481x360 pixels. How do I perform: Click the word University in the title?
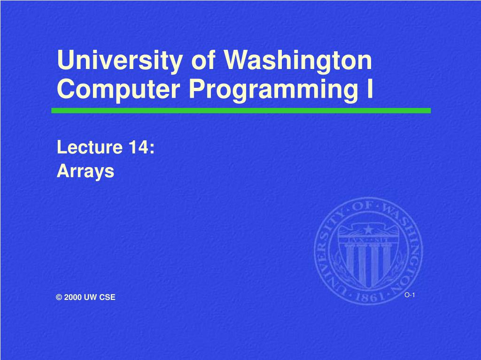120,61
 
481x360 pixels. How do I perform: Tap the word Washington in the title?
298,61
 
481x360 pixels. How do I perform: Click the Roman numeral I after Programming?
370,88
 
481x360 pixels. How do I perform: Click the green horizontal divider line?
241,111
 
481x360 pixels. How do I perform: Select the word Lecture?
90,147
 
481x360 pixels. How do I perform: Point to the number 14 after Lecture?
139,147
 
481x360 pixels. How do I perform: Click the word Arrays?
85,171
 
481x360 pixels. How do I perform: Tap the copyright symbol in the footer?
59,297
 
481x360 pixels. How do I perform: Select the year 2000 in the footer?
73,297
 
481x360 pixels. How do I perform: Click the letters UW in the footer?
91,297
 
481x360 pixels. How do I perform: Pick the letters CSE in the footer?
108,297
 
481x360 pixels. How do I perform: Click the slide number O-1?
410,295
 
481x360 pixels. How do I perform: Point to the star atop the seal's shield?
368,230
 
